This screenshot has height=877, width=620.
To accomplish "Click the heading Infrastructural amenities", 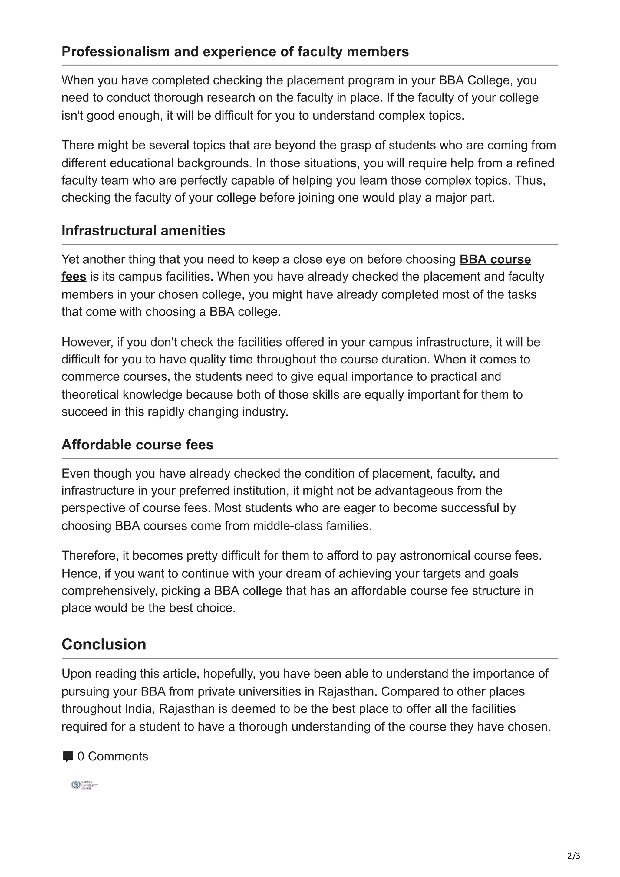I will [x=143, y=231].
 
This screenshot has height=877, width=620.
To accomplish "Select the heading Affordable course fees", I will [x=137, y=445].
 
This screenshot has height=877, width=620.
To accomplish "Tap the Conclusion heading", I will [x=104, y=644].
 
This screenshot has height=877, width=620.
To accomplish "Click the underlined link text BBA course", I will [x=495, y=259].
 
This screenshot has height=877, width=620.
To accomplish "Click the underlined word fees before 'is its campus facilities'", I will [x=74, y=276].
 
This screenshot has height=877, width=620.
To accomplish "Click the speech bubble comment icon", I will [x=68, y=756].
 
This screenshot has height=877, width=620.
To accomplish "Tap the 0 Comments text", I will [x=113, y=756].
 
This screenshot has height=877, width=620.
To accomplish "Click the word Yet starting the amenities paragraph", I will [x=70, y=259].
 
